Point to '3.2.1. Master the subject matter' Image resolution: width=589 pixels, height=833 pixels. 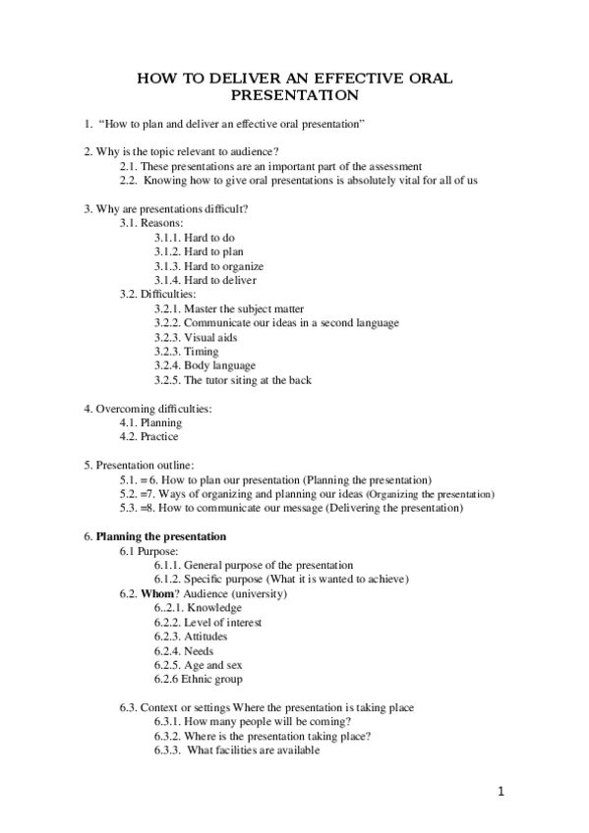tap(229, 308)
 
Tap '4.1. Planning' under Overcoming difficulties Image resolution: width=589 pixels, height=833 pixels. tap(150, 422)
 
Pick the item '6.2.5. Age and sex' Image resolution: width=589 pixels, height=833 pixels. tap(197, 664)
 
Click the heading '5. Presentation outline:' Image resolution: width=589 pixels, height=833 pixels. tap(139, 465)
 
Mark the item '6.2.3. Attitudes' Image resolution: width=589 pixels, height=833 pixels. tap(192, 636)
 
